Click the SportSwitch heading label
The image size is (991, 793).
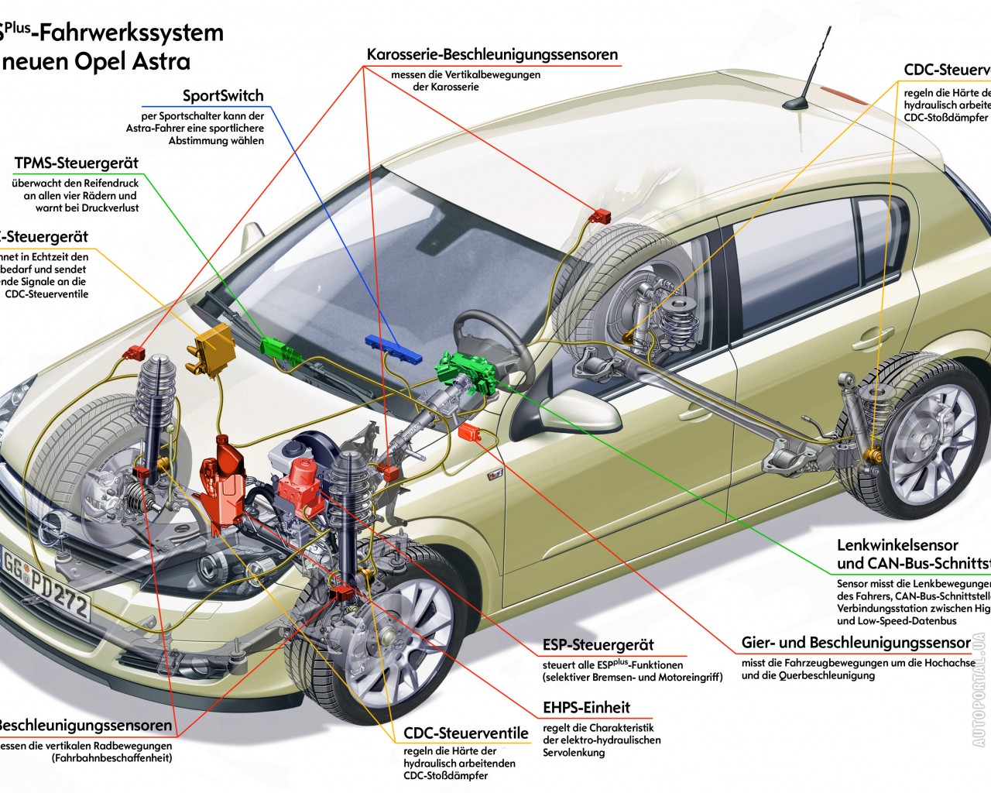coord(223,96)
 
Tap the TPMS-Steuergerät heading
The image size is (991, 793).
coord(76,163)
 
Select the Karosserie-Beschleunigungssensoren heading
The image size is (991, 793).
coord(492,55)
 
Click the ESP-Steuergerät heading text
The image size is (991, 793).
coord(598,645)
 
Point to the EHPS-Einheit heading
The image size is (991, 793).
coord(586,708)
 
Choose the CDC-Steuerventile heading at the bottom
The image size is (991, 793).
coord(466,733)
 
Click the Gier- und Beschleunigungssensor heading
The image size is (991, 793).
coord(856,643)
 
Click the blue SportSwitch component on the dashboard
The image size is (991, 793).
coord(394,349)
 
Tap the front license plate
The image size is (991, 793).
coord(46,584)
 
